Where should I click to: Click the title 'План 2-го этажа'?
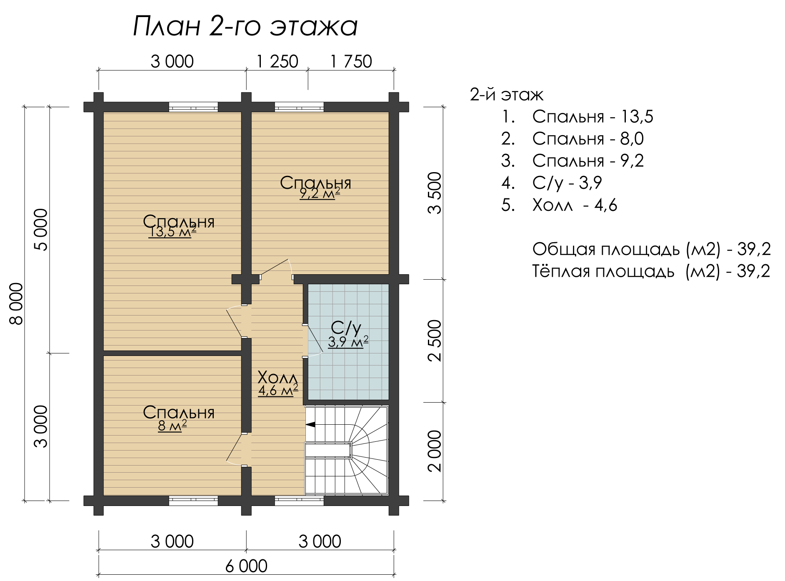coord(245,27)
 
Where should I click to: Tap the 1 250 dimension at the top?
coord(277,62)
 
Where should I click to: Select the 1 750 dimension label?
coord(351,62)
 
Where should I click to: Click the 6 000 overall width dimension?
coord(247,566)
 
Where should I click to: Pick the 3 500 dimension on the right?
coord(435,193)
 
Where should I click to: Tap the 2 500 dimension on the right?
coord(435,341)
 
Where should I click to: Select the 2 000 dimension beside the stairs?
coord(435,451)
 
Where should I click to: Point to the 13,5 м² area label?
coord(172,232)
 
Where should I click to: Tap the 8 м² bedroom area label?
coord(172,426)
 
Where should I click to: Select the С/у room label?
coord(346,328)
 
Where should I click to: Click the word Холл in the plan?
coord(278,378)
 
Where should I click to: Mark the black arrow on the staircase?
coord(310,425)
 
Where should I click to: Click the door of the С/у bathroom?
coord(313,341)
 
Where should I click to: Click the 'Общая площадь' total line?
coord(652,249)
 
